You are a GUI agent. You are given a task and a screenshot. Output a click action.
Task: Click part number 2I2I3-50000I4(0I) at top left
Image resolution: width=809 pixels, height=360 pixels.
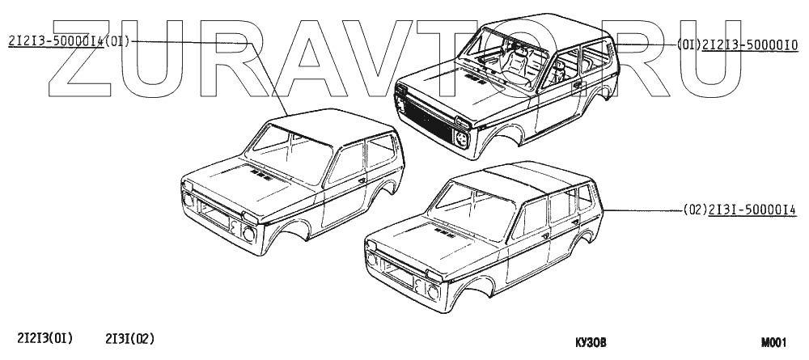[69, 42]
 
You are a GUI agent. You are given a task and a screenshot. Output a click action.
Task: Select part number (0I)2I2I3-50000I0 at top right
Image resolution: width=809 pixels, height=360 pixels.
[738, 45]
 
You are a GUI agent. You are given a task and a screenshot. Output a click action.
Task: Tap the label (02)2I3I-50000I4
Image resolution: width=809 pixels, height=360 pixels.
[739, 210]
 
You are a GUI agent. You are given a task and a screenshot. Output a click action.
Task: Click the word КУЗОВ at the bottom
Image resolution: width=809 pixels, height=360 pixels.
[591, 343]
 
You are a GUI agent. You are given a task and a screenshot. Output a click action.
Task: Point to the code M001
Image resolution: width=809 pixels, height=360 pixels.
[773, 342]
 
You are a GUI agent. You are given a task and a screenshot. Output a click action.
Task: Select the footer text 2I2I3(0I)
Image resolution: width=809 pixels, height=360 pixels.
[45, 339]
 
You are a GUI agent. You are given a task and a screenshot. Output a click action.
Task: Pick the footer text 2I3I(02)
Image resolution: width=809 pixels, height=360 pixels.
[130, 339]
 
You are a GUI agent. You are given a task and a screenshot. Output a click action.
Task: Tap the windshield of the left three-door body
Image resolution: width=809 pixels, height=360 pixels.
[289, 153]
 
